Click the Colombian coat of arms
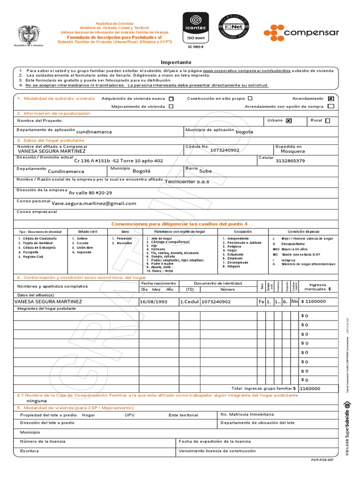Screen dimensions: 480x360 pos(28,35)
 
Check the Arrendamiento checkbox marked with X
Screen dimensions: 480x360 pos(331,99)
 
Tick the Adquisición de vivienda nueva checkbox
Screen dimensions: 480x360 pos(171,99)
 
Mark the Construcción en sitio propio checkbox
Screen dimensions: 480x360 pos(250,98)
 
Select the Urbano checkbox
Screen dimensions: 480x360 pos(289,120)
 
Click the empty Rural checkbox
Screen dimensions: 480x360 pos(327,120)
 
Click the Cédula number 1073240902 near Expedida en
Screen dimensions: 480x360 pos(225,150)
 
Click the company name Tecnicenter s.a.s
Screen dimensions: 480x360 pos(187,181)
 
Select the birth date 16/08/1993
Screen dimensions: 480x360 pos(153,302)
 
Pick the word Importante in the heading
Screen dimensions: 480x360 pos(176,62)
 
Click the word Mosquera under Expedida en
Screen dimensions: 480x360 pos(292,151)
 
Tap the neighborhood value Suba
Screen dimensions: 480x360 pos(206,171)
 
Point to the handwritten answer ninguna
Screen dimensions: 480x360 pos(37,401)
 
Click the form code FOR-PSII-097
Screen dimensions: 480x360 pos(324,460)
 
